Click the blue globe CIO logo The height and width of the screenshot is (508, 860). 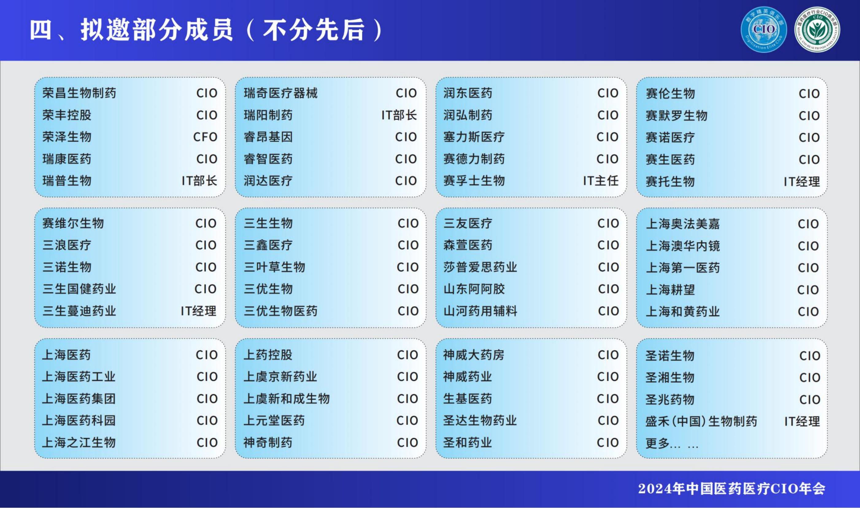(x=764, y=30)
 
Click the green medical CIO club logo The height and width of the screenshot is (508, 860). (x=817, y=30)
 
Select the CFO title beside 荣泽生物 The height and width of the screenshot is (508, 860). (x=205, y=137)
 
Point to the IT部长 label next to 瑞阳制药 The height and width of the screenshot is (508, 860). (x=399, y=115)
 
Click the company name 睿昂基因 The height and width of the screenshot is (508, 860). (x=268, y=137)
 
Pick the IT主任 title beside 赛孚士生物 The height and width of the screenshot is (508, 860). (x=601, y=181)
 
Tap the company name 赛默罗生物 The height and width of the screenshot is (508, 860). (x=677, y=116)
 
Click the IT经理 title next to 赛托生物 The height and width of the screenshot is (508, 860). (x=802, y=182)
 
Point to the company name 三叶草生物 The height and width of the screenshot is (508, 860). (x=274, y=267)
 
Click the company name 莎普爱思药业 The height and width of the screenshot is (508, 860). (x=480, y=267)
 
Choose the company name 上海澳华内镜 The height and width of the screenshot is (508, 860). (x=683, y=246)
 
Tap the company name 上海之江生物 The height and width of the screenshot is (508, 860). (x=79, y=443)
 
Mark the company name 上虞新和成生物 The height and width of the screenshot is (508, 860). (x=287, y=399)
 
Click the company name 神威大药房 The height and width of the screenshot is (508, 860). (x=474, y=355)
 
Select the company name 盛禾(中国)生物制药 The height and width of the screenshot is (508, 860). (x=701, y=421)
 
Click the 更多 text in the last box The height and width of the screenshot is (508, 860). (x=657, y=443)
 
